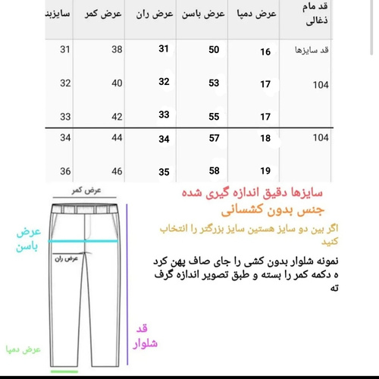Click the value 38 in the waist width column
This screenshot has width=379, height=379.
coord(117,50)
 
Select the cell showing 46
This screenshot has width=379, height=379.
coord(117,171)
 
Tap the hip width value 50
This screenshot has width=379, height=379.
coord(214,50)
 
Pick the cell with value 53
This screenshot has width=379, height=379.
coord(214,83)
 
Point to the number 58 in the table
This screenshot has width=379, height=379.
coord(214,171)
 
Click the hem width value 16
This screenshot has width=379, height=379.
coord(265,52)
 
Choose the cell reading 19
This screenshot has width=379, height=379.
coord(265,171)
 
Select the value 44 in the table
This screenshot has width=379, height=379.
coord(117,139)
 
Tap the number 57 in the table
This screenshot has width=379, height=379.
coord(214,139)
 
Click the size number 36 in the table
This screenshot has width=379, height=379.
coord(65,171)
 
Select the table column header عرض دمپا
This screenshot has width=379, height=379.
coord(254,15)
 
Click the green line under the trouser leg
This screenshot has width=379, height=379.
coord(64,371)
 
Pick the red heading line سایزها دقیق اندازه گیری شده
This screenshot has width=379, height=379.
coord(247,195)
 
